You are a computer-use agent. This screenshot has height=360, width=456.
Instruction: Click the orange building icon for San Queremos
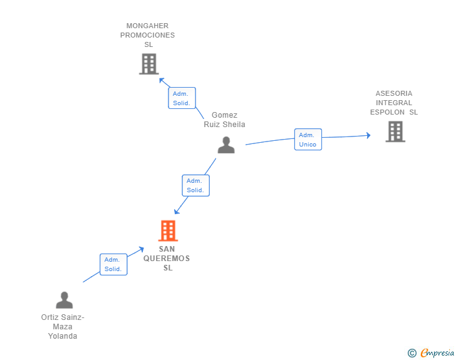click(168, 230)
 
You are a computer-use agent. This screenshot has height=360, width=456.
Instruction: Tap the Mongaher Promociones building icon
click(149, 64)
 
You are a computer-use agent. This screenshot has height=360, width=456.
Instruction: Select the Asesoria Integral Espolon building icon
click(395, 131)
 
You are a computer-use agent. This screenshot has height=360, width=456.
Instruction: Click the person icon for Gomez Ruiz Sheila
click(226, 145)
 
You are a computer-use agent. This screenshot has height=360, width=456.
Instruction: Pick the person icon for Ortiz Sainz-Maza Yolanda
click(65, 300)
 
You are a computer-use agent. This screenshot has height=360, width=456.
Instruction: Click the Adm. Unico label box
click(308, 139)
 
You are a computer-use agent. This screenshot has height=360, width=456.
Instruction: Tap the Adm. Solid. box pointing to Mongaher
click(182, 98)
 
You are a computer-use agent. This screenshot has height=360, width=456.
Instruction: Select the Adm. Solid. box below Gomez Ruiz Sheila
click(195, 185)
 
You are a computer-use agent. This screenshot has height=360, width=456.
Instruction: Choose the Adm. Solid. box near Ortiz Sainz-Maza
click(113, 264)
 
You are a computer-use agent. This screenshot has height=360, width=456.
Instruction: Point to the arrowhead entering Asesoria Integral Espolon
click(368, 135)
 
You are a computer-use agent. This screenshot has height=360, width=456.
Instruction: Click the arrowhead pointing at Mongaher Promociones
click(162, 80)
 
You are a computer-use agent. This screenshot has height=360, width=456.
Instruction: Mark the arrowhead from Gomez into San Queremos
click(177, 212)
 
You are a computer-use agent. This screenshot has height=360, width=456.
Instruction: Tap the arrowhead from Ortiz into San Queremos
click(142, 249)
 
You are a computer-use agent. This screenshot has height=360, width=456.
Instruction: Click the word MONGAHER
click(147, 26)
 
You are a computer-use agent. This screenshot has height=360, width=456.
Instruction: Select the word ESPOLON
click(387, 112)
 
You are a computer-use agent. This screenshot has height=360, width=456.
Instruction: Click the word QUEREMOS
click(167, 259)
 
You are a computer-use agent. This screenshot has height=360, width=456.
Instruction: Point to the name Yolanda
click(63, 336)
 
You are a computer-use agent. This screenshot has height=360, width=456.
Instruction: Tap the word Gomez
click(224, 115)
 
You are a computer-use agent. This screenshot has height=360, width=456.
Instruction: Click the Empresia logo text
click(437, 352)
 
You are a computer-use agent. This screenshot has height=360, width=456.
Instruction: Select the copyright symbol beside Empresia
click(412, 353)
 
